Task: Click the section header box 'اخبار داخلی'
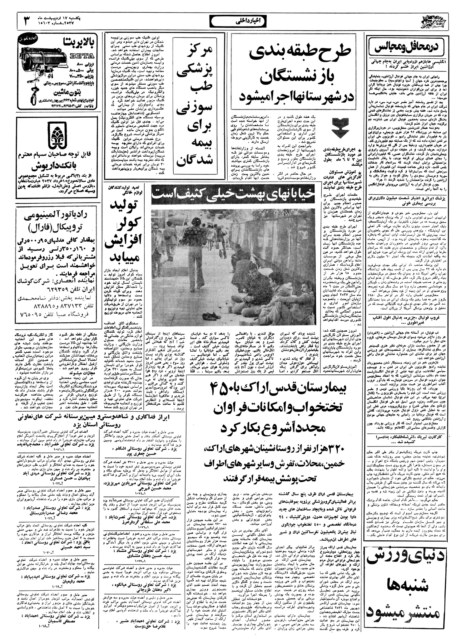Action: tap(233, 21)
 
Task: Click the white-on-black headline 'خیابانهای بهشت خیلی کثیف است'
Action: tap(233, 196)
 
